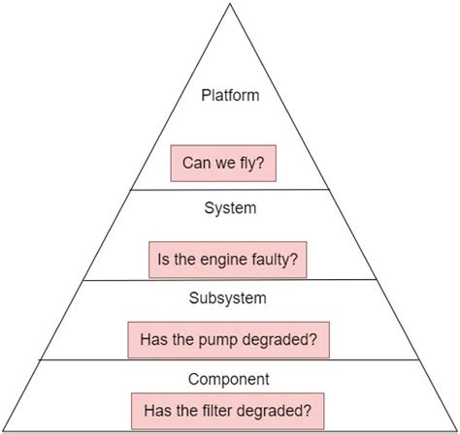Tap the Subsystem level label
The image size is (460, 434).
(228, 298)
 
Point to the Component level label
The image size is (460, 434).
(228, 379)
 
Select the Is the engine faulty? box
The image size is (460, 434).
(228, 260)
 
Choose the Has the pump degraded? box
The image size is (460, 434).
(228, 340)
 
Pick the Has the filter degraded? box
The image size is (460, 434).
(228, 409)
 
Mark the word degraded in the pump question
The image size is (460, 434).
(283, 340)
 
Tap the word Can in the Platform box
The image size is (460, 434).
(196, 164)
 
